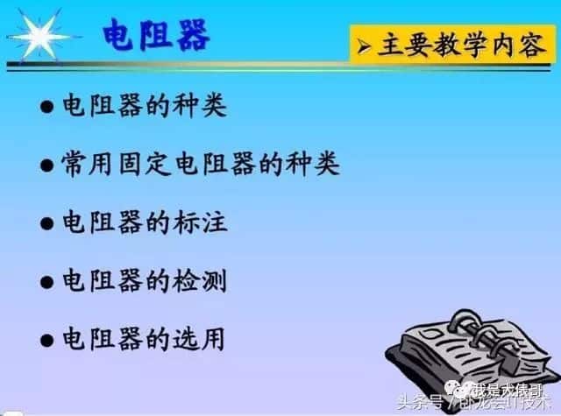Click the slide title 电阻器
(156, 37)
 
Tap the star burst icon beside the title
(39, 36)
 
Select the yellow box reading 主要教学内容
(452, 45)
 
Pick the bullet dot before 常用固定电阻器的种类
(47, 166)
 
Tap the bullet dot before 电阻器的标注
(47, 223)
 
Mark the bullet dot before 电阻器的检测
(47, 282)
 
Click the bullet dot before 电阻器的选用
(47, 340)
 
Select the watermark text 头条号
(421, 404)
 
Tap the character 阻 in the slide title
(156, 37)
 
